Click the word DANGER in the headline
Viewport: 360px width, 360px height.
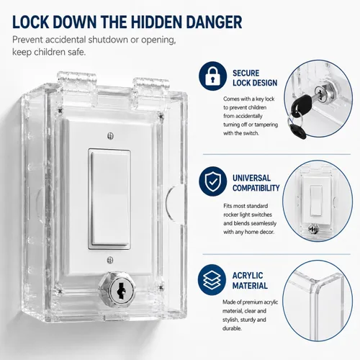(x=214, y=22)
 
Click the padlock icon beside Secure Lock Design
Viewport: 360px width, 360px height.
(x=212, y=76)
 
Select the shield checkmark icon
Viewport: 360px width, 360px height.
(x=212, y=181)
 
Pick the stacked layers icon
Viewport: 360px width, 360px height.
(x=212, y=279)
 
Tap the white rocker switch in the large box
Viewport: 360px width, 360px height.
(x=109, y=199)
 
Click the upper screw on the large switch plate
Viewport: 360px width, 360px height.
(x=110, y=136)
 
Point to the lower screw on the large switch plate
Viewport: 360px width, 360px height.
(x=110, y=260)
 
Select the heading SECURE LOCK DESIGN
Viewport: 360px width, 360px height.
(x=255, y=78)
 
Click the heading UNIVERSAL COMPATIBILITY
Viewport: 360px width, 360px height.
(x=256, y=183)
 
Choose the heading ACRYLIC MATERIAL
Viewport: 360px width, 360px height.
(x=250, y=281)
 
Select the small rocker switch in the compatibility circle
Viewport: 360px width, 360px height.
(x=315, y=201)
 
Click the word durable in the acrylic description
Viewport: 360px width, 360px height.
(x=232, y=328)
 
